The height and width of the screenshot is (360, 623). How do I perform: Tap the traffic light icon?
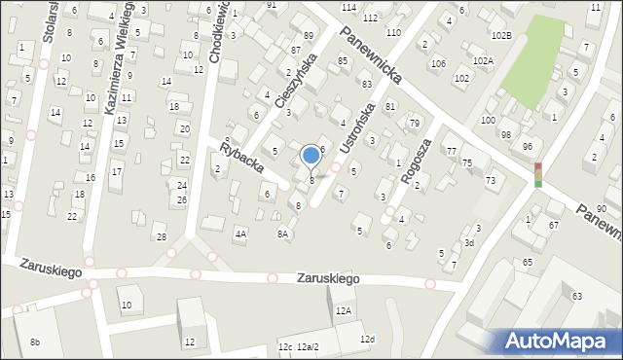click(537, 174)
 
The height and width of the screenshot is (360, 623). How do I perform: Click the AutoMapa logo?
click(558, 341)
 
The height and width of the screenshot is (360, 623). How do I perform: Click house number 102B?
click(500, 35)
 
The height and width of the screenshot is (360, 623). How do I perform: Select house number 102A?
click(483, 60)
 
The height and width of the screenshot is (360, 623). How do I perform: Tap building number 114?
click(348, 7)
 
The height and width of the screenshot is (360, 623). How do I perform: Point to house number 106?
click(438, 64)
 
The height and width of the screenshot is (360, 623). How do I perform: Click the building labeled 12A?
click(343, 311)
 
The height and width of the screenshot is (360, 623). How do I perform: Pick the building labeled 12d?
click(367, 339)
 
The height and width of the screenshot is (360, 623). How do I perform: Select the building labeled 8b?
click(35, 342)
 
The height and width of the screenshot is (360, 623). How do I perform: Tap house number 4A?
click(240, 234)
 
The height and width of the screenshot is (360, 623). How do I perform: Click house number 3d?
click(468, 242)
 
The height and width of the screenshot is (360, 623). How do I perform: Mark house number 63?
click(576, 296)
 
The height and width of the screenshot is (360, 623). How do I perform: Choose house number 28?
click(162, 236)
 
